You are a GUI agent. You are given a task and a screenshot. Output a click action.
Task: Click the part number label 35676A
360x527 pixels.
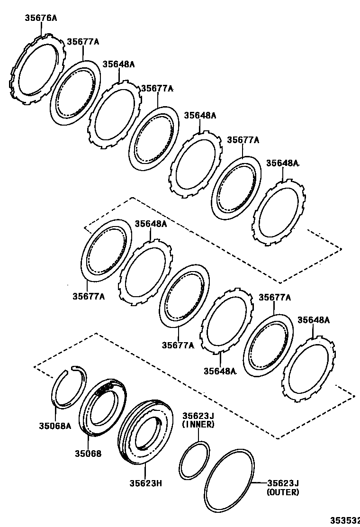(41, 18)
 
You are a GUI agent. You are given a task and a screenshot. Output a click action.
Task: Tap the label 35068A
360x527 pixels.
(54, 426)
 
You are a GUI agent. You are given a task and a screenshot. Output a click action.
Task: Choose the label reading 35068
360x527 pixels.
(87, 454)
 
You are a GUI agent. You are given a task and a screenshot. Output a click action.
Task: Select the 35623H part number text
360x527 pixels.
(146, 483)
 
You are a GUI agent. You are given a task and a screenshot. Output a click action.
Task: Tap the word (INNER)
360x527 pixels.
(198, 425)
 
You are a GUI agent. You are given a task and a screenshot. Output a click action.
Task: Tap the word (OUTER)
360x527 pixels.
(283, 492)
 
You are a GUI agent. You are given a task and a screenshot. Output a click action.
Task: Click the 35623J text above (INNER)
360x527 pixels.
(198, 416)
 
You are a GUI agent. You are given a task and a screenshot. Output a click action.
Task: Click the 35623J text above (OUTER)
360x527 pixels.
(283, 483)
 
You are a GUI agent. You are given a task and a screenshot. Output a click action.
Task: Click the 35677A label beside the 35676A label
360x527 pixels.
(82, 42)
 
